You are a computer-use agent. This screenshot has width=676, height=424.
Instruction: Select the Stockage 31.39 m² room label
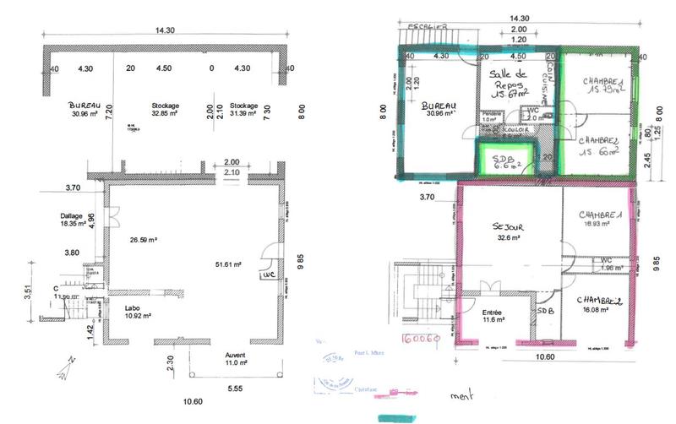243,110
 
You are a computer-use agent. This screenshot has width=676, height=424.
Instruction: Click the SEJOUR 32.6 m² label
506,233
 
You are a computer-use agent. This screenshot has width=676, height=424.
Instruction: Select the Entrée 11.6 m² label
492,317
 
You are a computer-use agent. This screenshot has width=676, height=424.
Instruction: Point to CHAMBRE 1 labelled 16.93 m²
601,220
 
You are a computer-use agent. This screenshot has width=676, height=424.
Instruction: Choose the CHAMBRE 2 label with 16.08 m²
601,305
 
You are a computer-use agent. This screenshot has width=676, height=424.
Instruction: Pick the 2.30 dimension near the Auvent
170,360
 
